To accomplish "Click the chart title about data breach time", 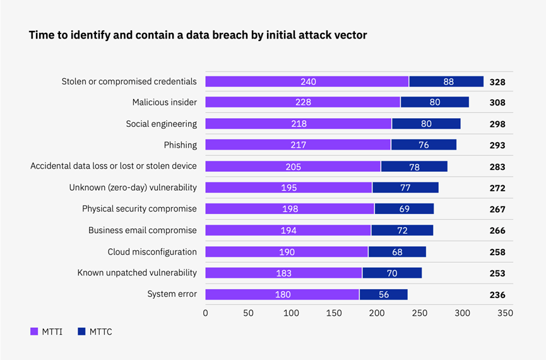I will pyautogui.click(x=198, y=35).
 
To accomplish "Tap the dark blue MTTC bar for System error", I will pyautogui.click(x=383, y=294).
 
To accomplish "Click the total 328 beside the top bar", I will pyautogui.click(x=497, y=81).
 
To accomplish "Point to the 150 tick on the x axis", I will pyautogui.click(x=334, y=313).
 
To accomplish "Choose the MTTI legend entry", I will pyautogui.click(x=47, y=332).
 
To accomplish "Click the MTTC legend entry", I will pyautogui.click(x=95, y=332).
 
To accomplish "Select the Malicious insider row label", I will pyautogui.click(x=164, y=102).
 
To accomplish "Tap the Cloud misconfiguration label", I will pyautogui.click(x=152, y=252).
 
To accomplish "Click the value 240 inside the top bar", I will pyautogui.click(x=307, y=81).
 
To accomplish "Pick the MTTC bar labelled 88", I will pyautogui.click(x=446, y=81).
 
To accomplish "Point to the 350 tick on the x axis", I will pyautogui.click(x=505, y=313).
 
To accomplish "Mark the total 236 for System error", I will pyautogui.click(x=497, y=294).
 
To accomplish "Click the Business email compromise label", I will pyautogui.click(x=142, y=231).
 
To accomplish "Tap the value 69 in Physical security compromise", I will pyautogui.click(x=404, y=209).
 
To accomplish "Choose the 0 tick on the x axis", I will pyautogui.click(x=206, y=313).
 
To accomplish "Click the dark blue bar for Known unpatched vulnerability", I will pyautogui.click(x=392, y=273).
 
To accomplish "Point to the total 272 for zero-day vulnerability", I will pyautogui.click(x=497, y=188).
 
